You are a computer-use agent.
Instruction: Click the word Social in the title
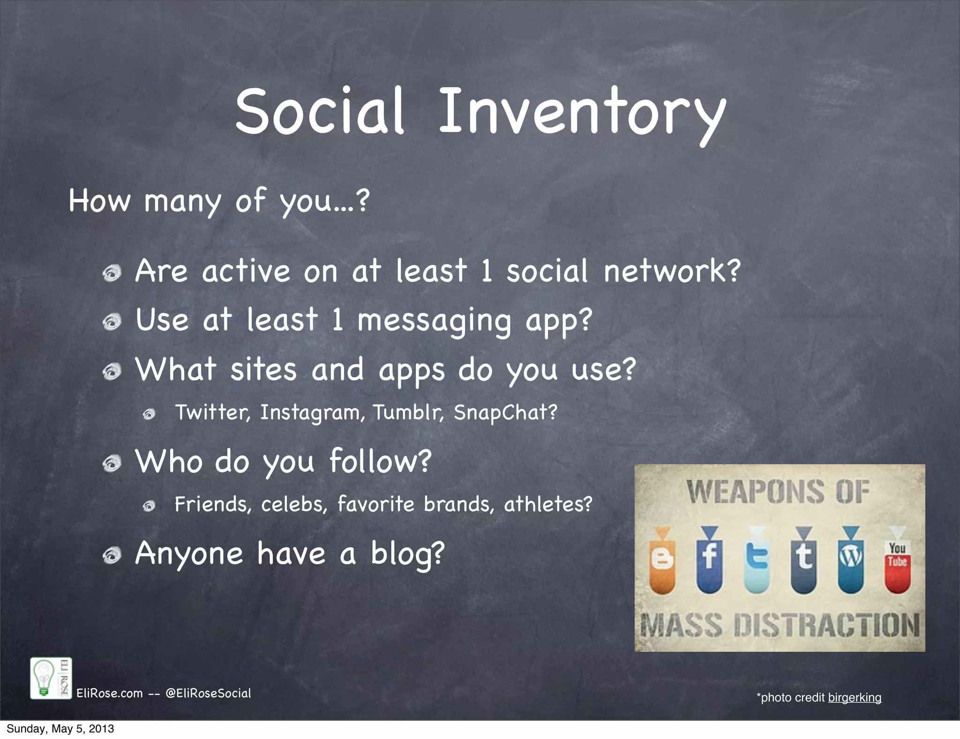click(x=320, y=113)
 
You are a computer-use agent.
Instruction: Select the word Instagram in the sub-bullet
click(x=312, y=413)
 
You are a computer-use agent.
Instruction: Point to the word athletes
click(x=547, y=505)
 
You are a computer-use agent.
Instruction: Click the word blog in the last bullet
click(x=407, y=554)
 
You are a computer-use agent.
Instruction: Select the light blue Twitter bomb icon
click(x=757, y=561)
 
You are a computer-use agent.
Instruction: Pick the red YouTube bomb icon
click(x=897, y=561)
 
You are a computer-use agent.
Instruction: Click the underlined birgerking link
click(x=855, y=698)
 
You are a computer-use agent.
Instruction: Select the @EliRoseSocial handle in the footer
click(x=208, y=694)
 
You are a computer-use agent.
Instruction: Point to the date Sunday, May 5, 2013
click(x=60, y=729)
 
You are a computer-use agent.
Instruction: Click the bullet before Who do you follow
click(x=112, y=464)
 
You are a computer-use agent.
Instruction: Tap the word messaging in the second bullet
click(x=434, y=321)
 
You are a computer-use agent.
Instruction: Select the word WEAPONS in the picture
click(x=755, y=492)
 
